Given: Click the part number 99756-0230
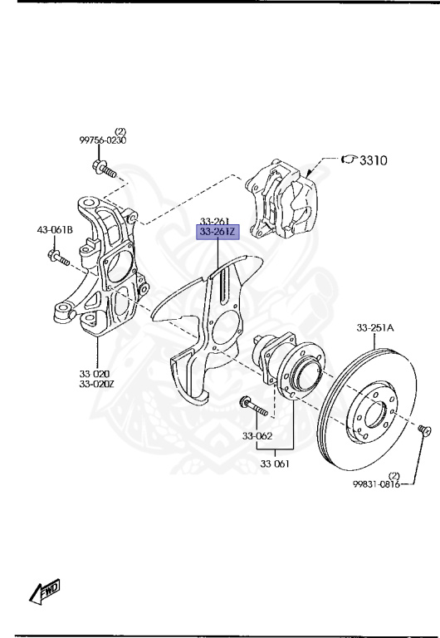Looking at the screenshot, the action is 102,140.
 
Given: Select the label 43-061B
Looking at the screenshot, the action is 55,230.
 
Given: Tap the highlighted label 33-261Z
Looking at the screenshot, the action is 218,233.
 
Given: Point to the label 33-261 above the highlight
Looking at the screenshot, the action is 215,221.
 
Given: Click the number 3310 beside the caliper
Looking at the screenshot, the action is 374,160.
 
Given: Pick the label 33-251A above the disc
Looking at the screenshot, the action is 375,327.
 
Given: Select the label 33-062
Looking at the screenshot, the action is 257,436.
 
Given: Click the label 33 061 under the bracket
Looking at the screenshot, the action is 275,463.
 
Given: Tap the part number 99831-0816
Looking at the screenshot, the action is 376,484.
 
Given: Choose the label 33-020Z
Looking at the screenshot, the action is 97,383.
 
